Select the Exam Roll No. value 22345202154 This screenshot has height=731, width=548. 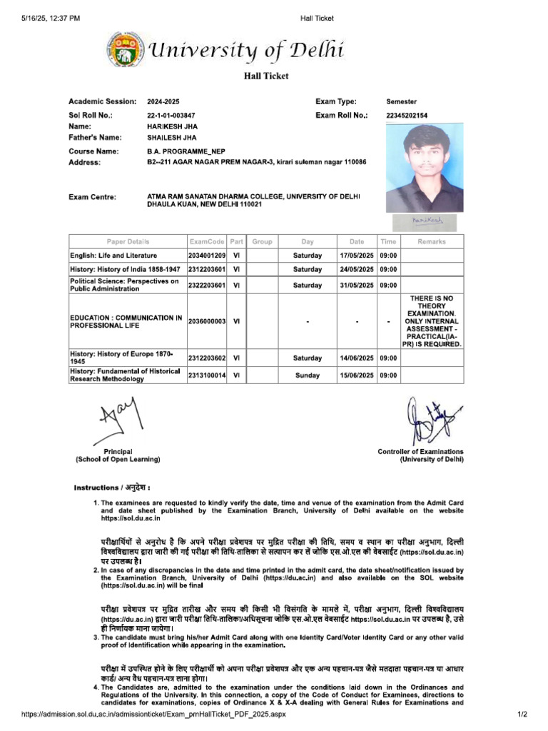point(407,115)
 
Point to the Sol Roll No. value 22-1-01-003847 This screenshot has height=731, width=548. point(171,115)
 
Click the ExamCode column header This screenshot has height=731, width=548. point(207,241)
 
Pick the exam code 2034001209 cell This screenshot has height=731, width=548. point(207,255)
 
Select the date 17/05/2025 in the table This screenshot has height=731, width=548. point(357,255)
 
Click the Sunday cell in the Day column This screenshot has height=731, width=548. point(308,375)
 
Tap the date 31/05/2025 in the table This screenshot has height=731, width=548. point(357,286)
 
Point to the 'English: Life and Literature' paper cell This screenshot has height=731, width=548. point(113,255)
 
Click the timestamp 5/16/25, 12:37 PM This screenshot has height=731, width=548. point(45,18)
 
